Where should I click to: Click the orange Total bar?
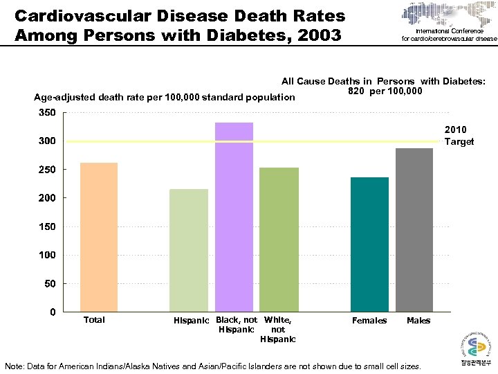(99, 237)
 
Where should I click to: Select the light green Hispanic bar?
(189, 250)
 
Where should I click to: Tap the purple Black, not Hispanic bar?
(234, 217)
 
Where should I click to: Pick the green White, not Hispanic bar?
(279, 240)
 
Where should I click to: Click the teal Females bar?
(369, 244)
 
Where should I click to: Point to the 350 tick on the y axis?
(46, 112)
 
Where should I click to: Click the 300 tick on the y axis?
(46, 141)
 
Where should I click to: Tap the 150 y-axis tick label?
(46, 226)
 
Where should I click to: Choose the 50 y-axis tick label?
(49, 283)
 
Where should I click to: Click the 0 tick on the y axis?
(53, 312)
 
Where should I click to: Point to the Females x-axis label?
(369, 321)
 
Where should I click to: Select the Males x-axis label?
(418, 321)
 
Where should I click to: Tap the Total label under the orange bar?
(94, 320)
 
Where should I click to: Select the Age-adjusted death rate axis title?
(165, 98)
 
